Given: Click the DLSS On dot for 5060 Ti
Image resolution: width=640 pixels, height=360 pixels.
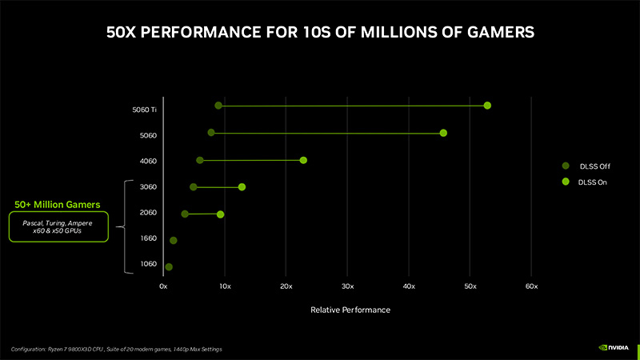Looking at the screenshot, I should tap(487, 106).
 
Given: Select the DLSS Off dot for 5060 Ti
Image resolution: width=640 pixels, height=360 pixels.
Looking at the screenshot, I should tap(218, 106).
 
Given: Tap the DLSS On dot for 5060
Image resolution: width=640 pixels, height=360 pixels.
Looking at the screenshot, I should tap(443, 133).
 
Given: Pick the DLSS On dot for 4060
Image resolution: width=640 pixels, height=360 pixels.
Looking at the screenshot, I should tap(303, 160).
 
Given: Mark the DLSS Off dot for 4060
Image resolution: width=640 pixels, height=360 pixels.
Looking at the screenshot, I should tap(200, 160).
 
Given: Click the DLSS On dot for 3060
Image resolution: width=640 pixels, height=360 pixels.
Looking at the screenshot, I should tap(242, 187).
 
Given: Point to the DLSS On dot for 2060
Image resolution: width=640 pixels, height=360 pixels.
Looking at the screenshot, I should tap(221, 214).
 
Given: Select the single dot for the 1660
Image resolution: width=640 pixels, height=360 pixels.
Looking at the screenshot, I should tap(174, 240).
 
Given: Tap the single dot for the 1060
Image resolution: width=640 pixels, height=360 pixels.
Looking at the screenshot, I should tap(169, 266).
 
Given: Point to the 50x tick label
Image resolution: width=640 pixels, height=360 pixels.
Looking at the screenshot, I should tap(470, 286).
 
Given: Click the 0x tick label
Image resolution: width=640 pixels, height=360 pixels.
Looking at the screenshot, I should tap(163, 286).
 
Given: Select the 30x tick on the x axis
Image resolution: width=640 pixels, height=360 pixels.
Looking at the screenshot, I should tap(347, 286).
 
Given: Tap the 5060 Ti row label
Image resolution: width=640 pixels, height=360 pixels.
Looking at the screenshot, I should tap(145, 110).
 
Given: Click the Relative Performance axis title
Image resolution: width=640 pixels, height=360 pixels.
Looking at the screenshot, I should tap(350, 309).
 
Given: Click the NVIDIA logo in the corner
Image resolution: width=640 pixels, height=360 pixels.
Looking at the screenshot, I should tap(614, 348).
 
